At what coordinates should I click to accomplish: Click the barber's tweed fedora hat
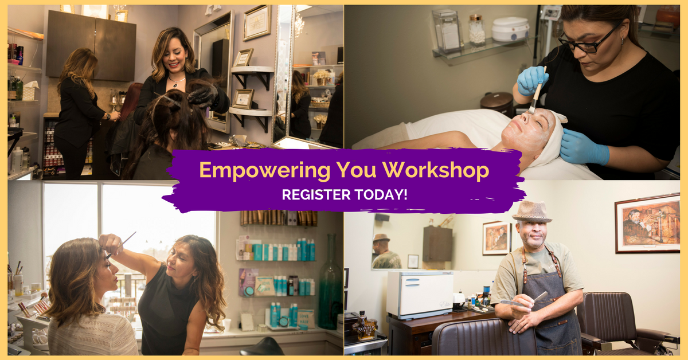(531, 212)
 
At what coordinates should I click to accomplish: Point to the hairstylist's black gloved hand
(204, 95)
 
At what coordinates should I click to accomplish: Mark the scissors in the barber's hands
(530, 300)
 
